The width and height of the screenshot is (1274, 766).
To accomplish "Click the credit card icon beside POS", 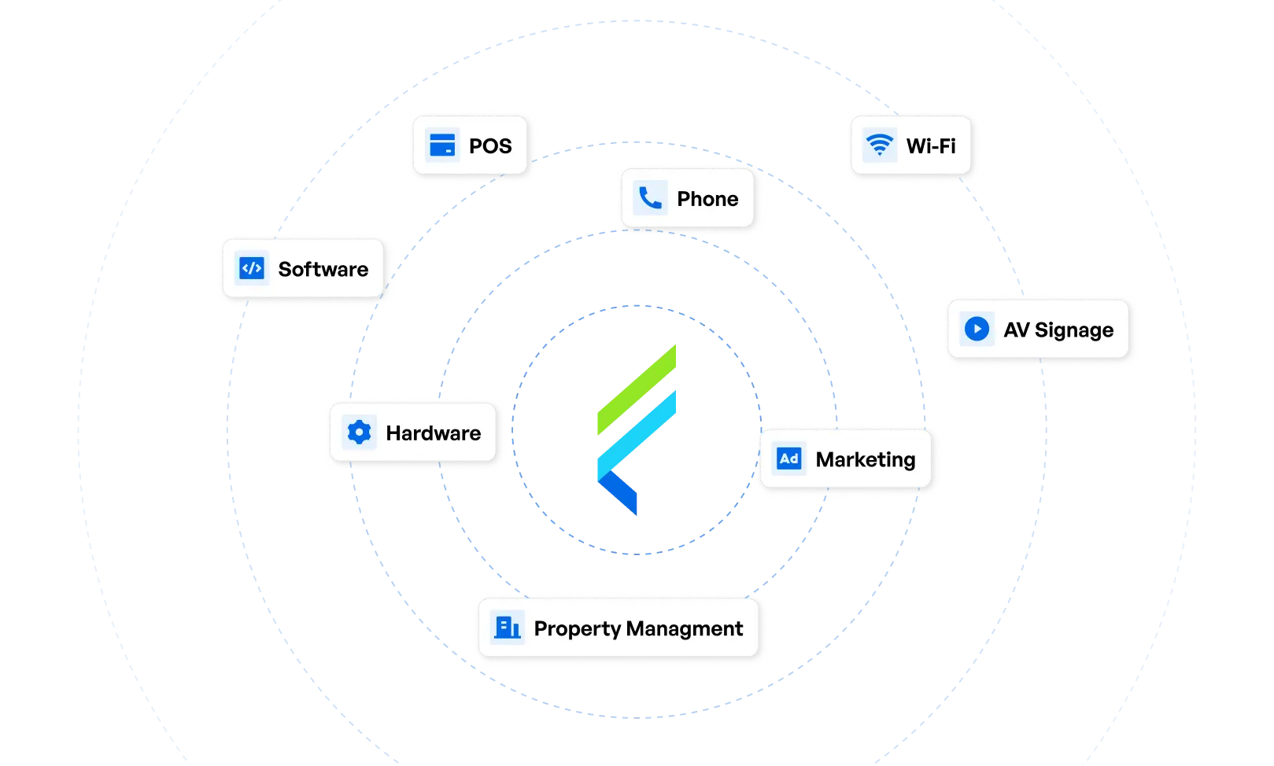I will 442,145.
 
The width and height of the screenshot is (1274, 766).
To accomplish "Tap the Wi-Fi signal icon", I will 879,145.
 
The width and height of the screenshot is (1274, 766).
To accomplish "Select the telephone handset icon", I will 650,198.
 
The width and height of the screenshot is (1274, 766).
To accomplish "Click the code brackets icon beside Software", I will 252,269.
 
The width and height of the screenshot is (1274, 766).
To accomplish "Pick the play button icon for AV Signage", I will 977,329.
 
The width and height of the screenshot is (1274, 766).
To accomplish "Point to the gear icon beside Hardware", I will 359,433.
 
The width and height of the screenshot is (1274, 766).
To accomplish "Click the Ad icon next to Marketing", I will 788,458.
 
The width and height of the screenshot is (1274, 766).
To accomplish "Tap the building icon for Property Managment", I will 507,628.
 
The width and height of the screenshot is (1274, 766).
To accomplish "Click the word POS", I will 490,146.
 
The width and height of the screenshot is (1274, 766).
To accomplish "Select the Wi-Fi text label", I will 931,146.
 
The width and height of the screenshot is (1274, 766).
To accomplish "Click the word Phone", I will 707,199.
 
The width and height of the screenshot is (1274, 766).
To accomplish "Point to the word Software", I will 323,270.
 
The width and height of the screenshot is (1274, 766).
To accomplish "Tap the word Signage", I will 1074,330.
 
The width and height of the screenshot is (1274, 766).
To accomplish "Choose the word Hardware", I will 433,433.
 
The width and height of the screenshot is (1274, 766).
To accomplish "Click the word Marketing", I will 866,460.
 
